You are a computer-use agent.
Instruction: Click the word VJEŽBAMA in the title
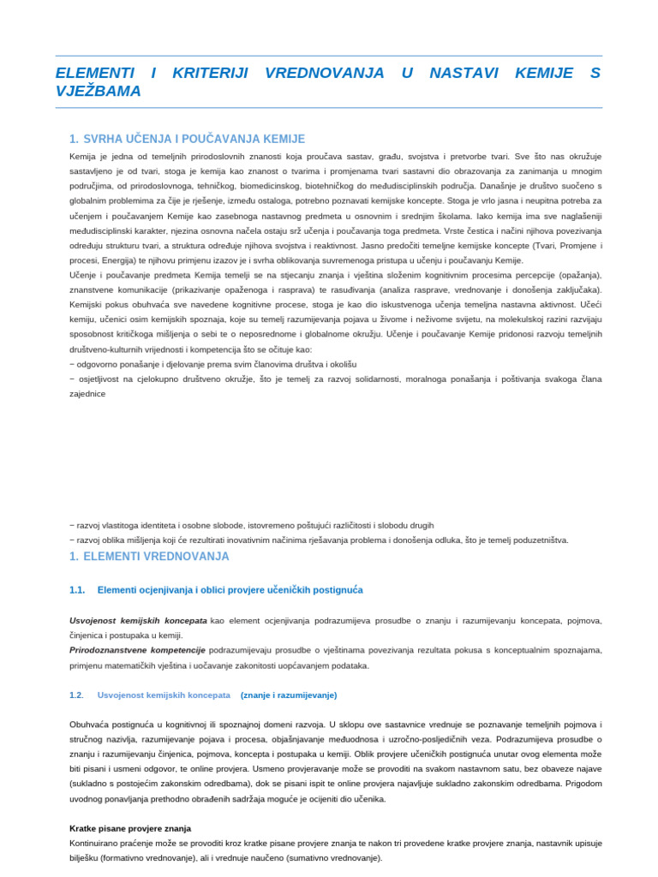tap(98, 92)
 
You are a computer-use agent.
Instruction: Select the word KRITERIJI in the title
tap(210, 74)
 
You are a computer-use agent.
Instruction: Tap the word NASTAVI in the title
tap(464, 74)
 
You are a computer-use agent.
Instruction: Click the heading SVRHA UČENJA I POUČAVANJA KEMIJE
tap(194, 139)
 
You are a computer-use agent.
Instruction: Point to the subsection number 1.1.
tap(77, 590)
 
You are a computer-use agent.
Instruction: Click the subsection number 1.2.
tap(77, 695)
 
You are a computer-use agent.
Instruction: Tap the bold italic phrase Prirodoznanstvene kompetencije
tap(137, 650)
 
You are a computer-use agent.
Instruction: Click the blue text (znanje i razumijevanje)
tap(289, 695)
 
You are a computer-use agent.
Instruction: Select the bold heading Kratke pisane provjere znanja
tap(130, 828)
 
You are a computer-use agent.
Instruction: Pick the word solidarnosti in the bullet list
tap(375, 379)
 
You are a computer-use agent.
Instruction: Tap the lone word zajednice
tap(87, 394)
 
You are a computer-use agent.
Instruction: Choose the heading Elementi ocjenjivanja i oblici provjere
tap(230, 590)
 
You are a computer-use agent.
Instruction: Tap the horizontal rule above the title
tap(329, 56)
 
